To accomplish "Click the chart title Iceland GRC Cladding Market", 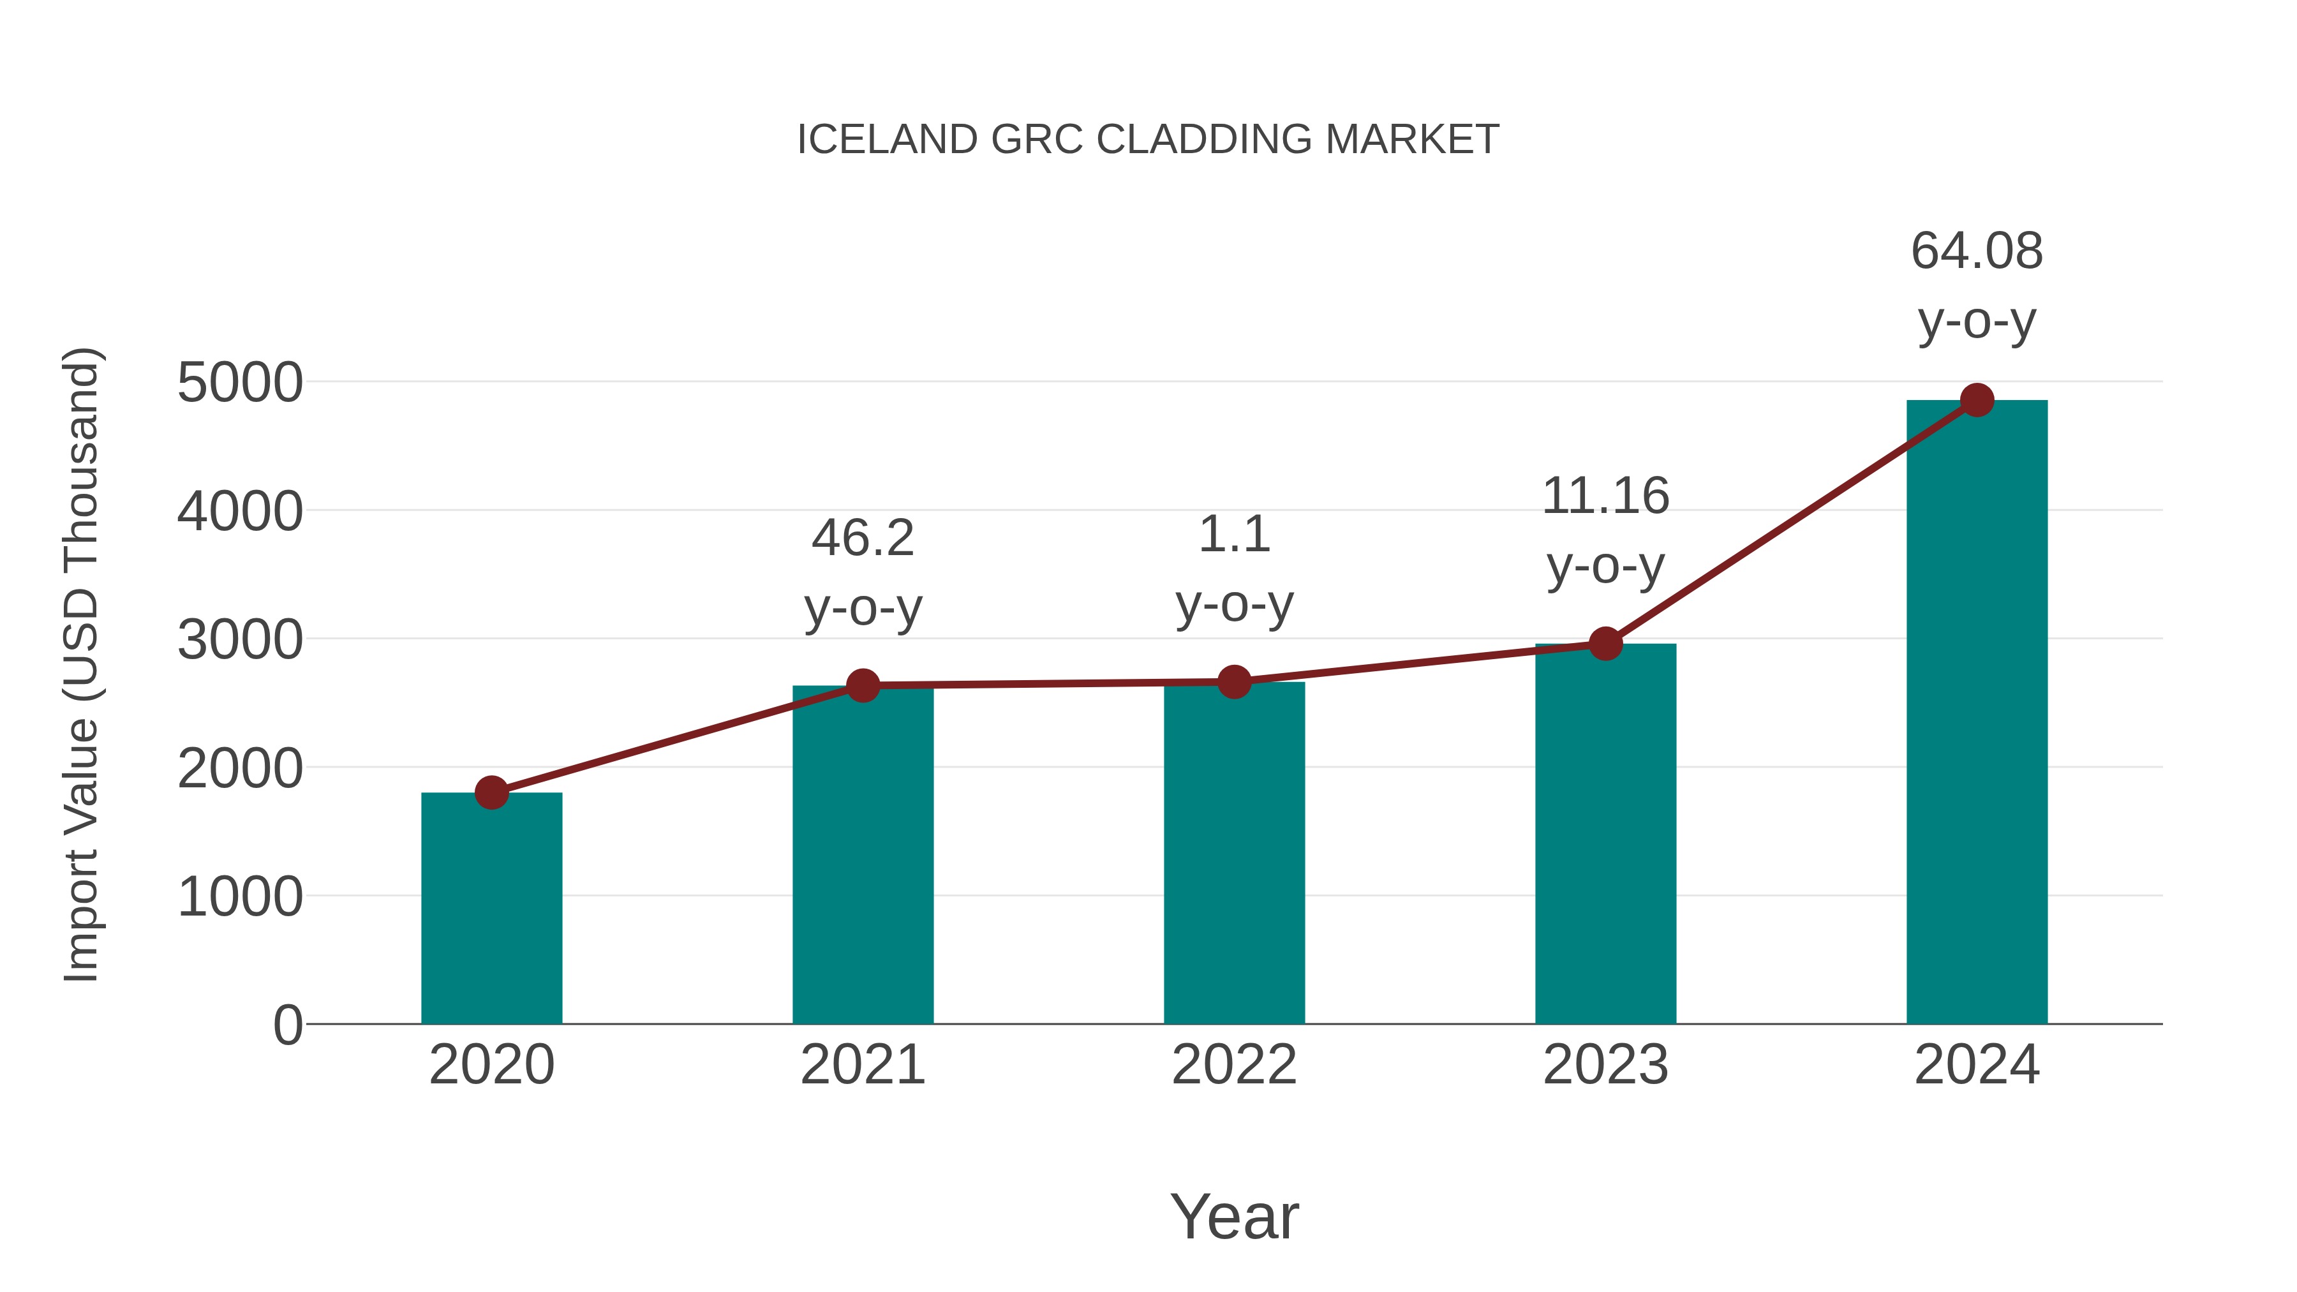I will [x=1148, y=140].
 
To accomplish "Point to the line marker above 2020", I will [x=491, y=792].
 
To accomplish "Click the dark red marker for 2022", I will [x=1234, y=681].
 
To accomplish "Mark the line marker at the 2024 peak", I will [x=1977, y=400].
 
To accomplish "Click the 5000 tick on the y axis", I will [x=240, y=383].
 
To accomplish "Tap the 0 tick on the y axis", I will [x=287, y=1025].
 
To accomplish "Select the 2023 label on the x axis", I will [x=1605, y=1065].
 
